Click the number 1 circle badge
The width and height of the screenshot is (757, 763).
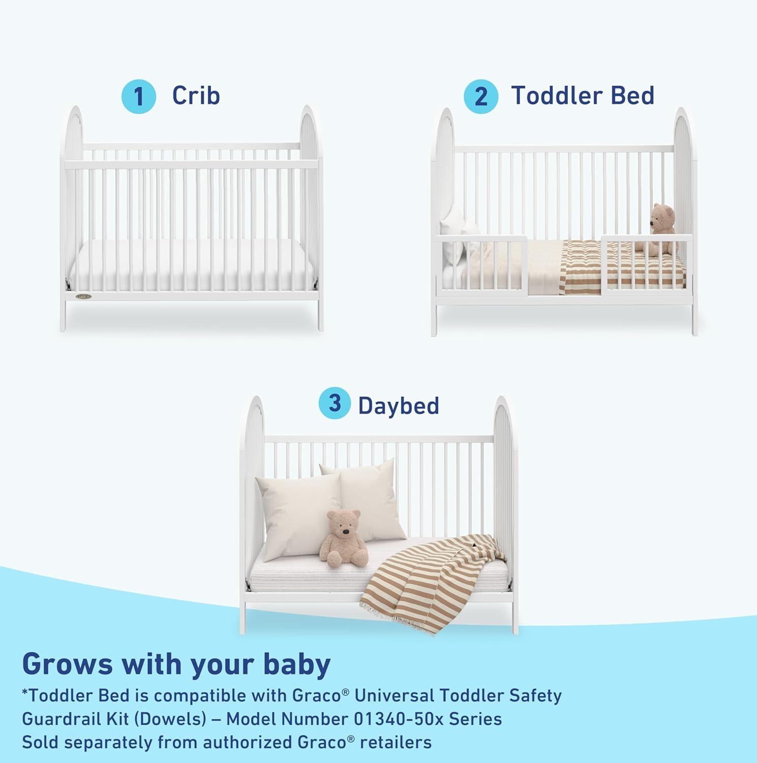pos(138,97)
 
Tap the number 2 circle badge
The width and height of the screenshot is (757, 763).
pos(480,97)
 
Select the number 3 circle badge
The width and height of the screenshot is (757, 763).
pos(334,403)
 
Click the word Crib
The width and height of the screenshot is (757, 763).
pos(196,96)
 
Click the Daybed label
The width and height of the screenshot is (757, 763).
pos(398,405)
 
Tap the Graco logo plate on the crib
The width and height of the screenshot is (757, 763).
pos(84,296)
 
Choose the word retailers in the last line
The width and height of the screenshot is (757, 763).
pos(396,742)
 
